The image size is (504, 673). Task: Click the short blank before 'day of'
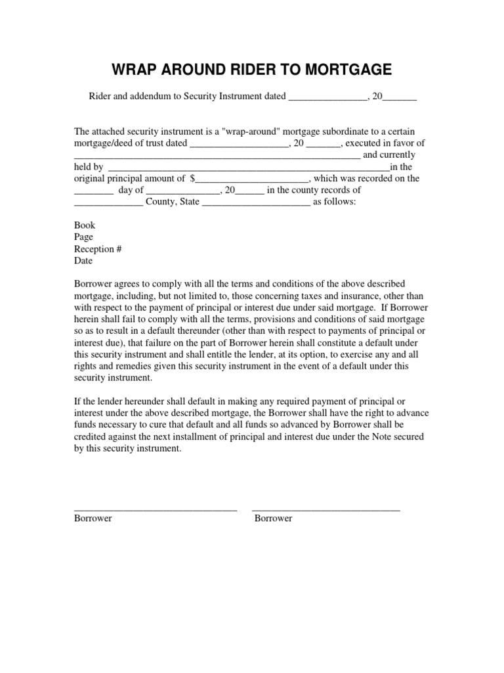93,191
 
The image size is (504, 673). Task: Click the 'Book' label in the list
85,225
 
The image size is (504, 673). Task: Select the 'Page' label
83,237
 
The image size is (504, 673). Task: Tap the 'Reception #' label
98,248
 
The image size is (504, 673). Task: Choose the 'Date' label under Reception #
83,260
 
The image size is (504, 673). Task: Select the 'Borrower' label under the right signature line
273,519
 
